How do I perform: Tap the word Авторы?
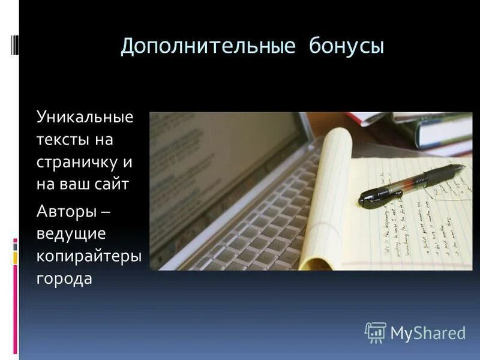(65, 211)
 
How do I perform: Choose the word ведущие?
(71, 233)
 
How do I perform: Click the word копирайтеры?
(89, 256)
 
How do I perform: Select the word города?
(64, 279)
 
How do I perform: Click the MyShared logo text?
(428, 333)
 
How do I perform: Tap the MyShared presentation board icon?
(375, 332)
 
